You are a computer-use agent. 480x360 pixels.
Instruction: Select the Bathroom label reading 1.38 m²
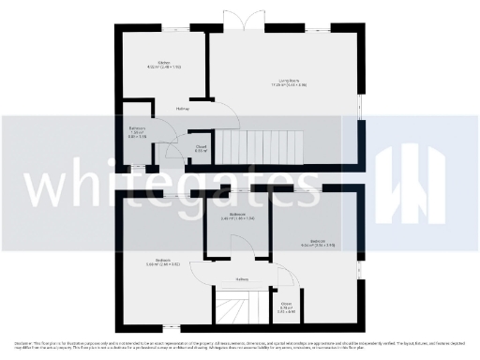[137, 132]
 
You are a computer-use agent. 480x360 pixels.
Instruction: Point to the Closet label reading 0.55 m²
[201, 147]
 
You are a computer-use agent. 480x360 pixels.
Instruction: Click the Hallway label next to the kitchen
[183, 109]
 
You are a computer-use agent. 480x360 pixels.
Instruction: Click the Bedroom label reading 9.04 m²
[318, 244]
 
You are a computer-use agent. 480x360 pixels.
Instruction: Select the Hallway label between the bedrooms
[242, 279]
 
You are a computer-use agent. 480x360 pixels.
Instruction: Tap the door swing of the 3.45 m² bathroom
[240, 246]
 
